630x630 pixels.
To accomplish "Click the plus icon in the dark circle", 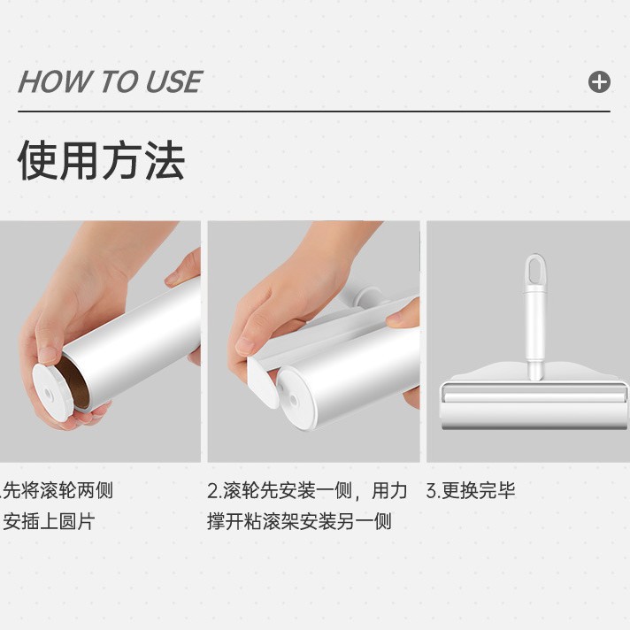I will pyautogui.click(x=599, y=82).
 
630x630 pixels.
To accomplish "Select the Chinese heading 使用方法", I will pyautogui.click(x=101, y=160).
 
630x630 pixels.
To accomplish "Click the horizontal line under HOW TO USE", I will pyautogui.click(x=314, y=111).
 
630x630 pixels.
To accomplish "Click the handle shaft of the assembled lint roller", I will pyautogui.click(x=535, y=332).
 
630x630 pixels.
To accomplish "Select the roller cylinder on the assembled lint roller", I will pyautogui.click(x=534, y=411).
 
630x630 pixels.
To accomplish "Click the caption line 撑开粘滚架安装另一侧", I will pyautogui.click(x=299, y=521).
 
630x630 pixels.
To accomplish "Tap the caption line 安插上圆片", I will pyautogui.click(x=49, y=521).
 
